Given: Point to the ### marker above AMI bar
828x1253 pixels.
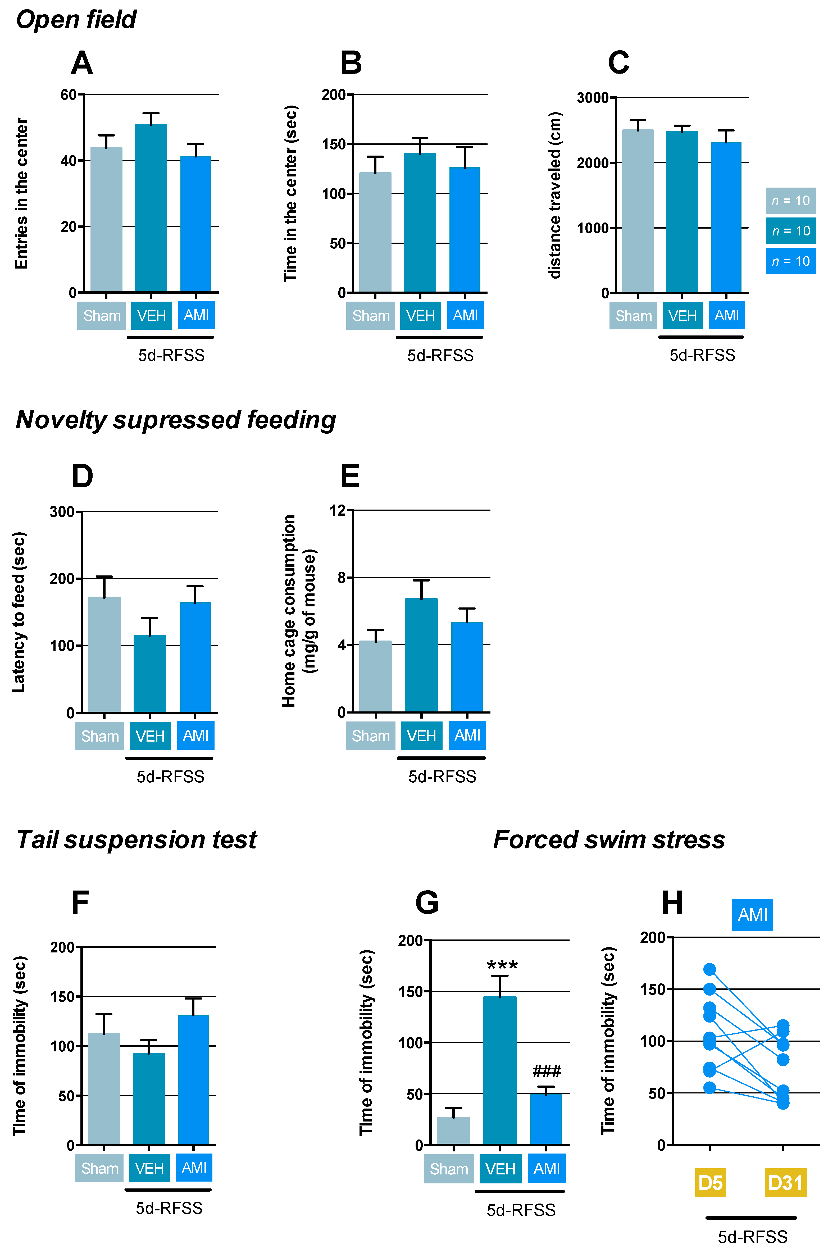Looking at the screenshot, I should tap(547, 1071).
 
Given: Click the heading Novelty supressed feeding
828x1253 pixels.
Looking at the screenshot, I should tap(176, 420).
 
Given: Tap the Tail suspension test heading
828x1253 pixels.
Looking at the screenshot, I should tap(136, 839).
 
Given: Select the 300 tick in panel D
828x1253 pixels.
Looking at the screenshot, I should tap(62, 512).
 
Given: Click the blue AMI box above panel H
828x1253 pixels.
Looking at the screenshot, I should tap(752, 915).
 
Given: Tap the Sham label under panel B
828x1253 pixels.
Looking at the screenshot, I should tap(371, 316).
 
